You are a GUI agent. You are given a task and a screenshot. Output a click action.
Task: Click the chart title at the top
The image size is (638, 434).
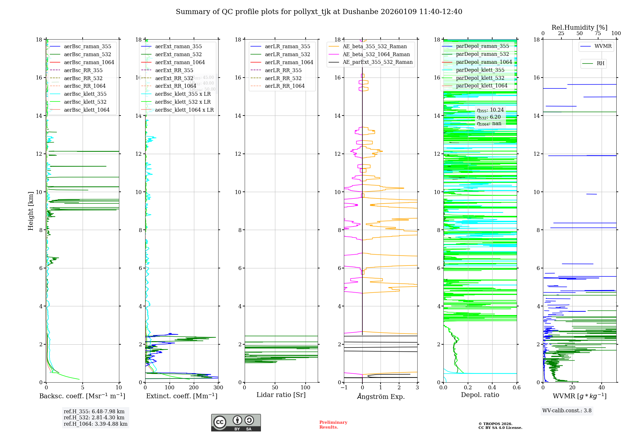click(319, 12)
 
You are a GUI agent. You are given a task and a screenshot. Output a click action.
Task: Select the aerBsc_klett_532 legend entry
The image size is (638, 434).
click(85, 102)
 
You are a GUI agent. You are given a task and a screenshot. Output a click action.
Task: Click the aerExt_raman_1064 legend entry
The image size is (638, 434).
click(180, 63)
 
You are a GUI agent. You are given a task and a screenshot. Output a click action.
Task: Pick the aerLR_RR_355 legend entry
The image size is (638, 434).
click(283, 71)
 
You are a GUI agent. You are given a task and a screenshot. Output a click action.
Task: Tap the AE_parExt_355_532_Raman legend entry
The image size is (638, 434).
click(377, 62)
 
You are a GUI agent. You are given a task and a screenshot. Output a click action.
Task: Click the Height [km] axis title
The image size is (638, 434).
click(31, 211)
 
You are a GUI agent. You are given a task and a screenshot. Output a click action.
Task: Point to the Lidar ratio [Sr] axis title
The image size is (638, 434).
click(281, 395)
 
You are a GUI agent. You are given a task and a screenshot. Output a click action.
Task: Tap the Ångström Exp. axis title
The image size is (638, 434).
click(381, 397)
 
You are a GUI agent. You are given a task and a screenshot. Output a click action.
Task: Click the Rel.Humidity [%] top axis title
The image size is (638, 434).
click(579, 27)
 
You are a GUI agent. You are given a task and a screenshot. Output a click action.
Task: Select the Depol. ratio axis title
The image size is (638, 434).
click(480, 395)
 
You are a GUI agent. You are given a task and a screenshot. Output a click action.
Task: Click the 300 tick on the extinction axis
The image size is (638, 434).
click(218, 388)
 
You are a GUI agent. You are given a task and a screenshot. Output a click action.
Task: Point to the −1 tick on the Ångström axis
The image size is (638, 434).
click(344, 388)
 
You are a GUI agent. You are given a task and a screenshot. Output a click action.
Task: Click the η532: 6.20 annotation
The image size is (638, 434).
click(489, 117)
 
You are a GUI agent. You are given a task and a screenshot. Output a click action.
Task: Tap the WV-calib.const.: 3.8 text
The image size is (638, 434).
click(567, 411)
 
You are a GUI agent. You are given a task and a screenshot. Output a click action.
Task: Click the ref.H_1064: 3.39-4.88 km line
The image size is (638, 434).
click(95, 424)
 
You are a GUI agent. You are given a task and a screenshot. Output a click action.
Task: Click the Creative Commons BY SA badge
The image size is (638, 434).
click(236, 423)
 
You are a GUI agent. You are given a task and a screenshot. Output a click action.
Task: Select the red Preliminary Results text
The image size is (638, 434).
click(333, 425)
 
